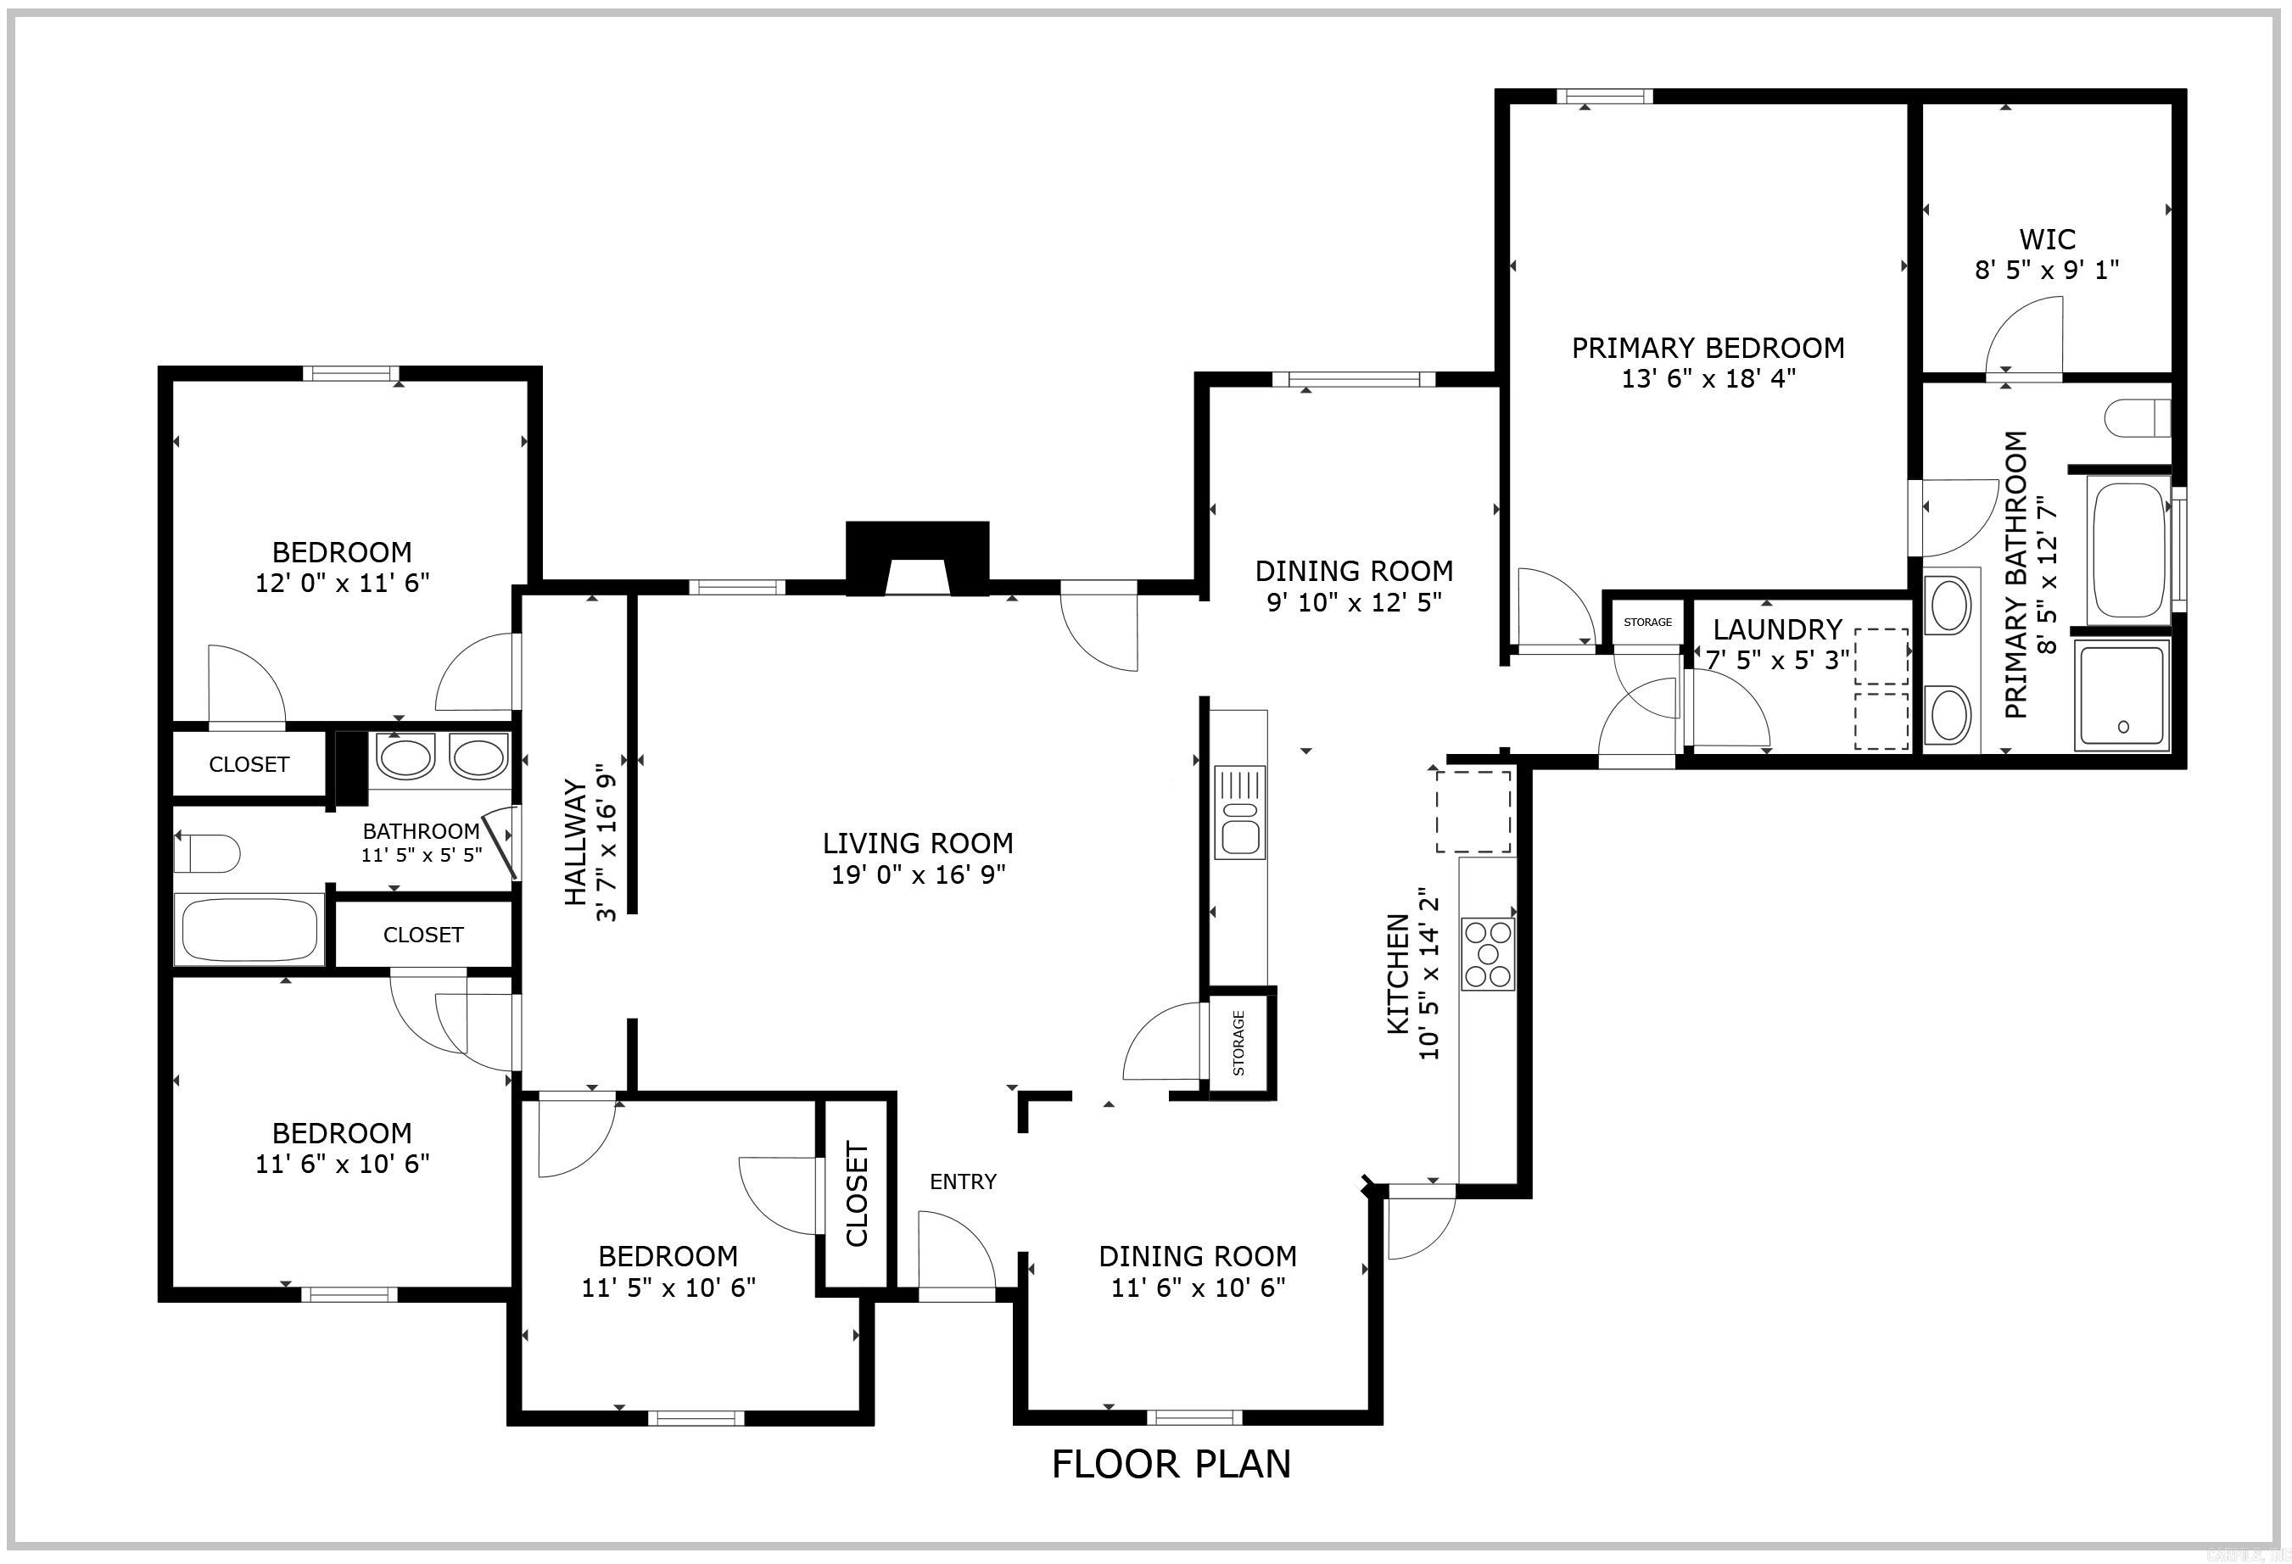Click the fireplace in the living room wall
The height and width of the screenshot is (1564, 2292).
(917, 559)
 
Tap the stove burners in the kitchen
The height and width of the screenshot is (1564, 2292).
(1487, 953)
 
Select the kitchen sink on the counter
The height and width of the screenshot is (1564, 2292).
(1239, 812)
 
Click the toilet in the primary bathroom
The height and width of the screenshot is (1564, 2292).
(2137, 417)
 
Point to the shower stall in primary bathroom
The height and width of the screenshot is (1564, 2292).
(2123, 695)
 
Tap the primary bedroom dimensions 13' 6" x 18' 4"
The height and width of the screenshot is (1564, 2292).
(1708, 378)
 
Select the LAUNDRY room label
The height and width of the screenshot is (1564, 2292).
(1777, 629)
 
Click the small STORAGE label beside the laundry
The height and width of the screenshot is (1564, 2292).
(1647, 623)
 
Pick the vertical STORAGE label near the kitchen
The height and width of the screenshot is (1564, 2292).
(1238, 1043)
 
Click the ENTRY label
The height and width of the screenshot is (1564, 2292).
(963, 1181)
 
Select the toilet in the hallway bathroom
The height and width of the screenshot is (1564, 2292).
(208, 853)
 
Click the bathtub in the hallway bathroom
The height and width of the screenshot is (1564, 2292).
(249, 929)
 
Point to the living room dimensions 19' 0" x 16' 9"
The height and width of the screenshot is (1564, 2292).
(917, 874)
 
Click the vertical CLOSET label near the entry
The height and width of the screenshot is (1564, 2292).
(856, 1194)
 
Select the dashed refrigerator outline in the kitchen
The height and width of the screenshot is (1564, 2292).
(1473, 812)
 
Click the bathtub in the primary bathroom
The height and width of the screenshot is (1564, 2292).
(2128, 548)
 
